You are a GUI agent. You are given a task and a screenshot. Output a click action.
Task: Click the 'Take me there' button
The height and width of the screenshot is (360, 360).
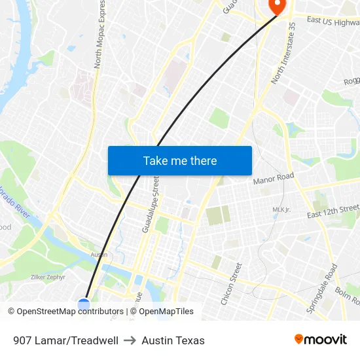[x=180, y=160]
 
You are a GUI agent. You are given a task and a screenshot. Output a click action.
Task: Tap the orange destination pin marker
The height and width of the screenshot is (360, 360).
[x=277, y=7]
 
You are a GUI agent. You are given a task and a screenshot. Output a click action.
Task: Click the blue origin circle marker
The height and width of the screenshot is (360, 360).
[x=84, y=304]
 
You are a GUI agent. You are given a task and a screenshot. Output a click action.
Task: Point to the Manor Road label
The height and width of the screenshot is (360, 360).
[x=274, y=178]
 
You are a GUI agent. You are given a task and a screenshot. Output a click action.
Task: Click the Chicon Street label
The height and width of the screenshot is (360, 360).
[x=231, y=283]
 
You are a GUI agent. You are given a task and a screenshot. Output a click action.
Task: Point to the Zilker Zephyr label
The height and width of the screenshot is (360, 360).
[x=48, y=278]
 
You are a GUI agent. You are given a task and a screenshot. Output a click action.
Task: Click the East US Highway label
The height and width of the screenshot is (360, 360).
[x=333, y=21]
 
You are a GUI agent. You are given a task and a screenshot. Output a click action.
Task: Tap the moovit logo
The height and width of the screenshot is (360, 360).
[x=321, y=339]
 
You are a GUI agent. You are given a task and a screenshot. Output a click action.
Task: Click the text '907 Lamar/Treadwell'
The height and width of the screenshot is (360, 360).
[x=65, y=340]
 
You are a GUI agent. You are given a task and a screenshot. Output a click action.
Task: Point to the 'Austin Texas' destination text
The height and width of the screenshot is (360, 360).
[x=173, y=340]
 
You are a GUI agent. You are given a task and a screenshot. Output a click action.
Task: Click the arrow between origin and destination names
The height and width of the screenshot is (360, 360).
[x=130, y=340]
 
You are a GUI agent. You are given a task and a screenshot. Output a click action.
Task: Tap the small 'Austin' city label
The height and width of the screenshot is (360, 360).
[x=99, y=255]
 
